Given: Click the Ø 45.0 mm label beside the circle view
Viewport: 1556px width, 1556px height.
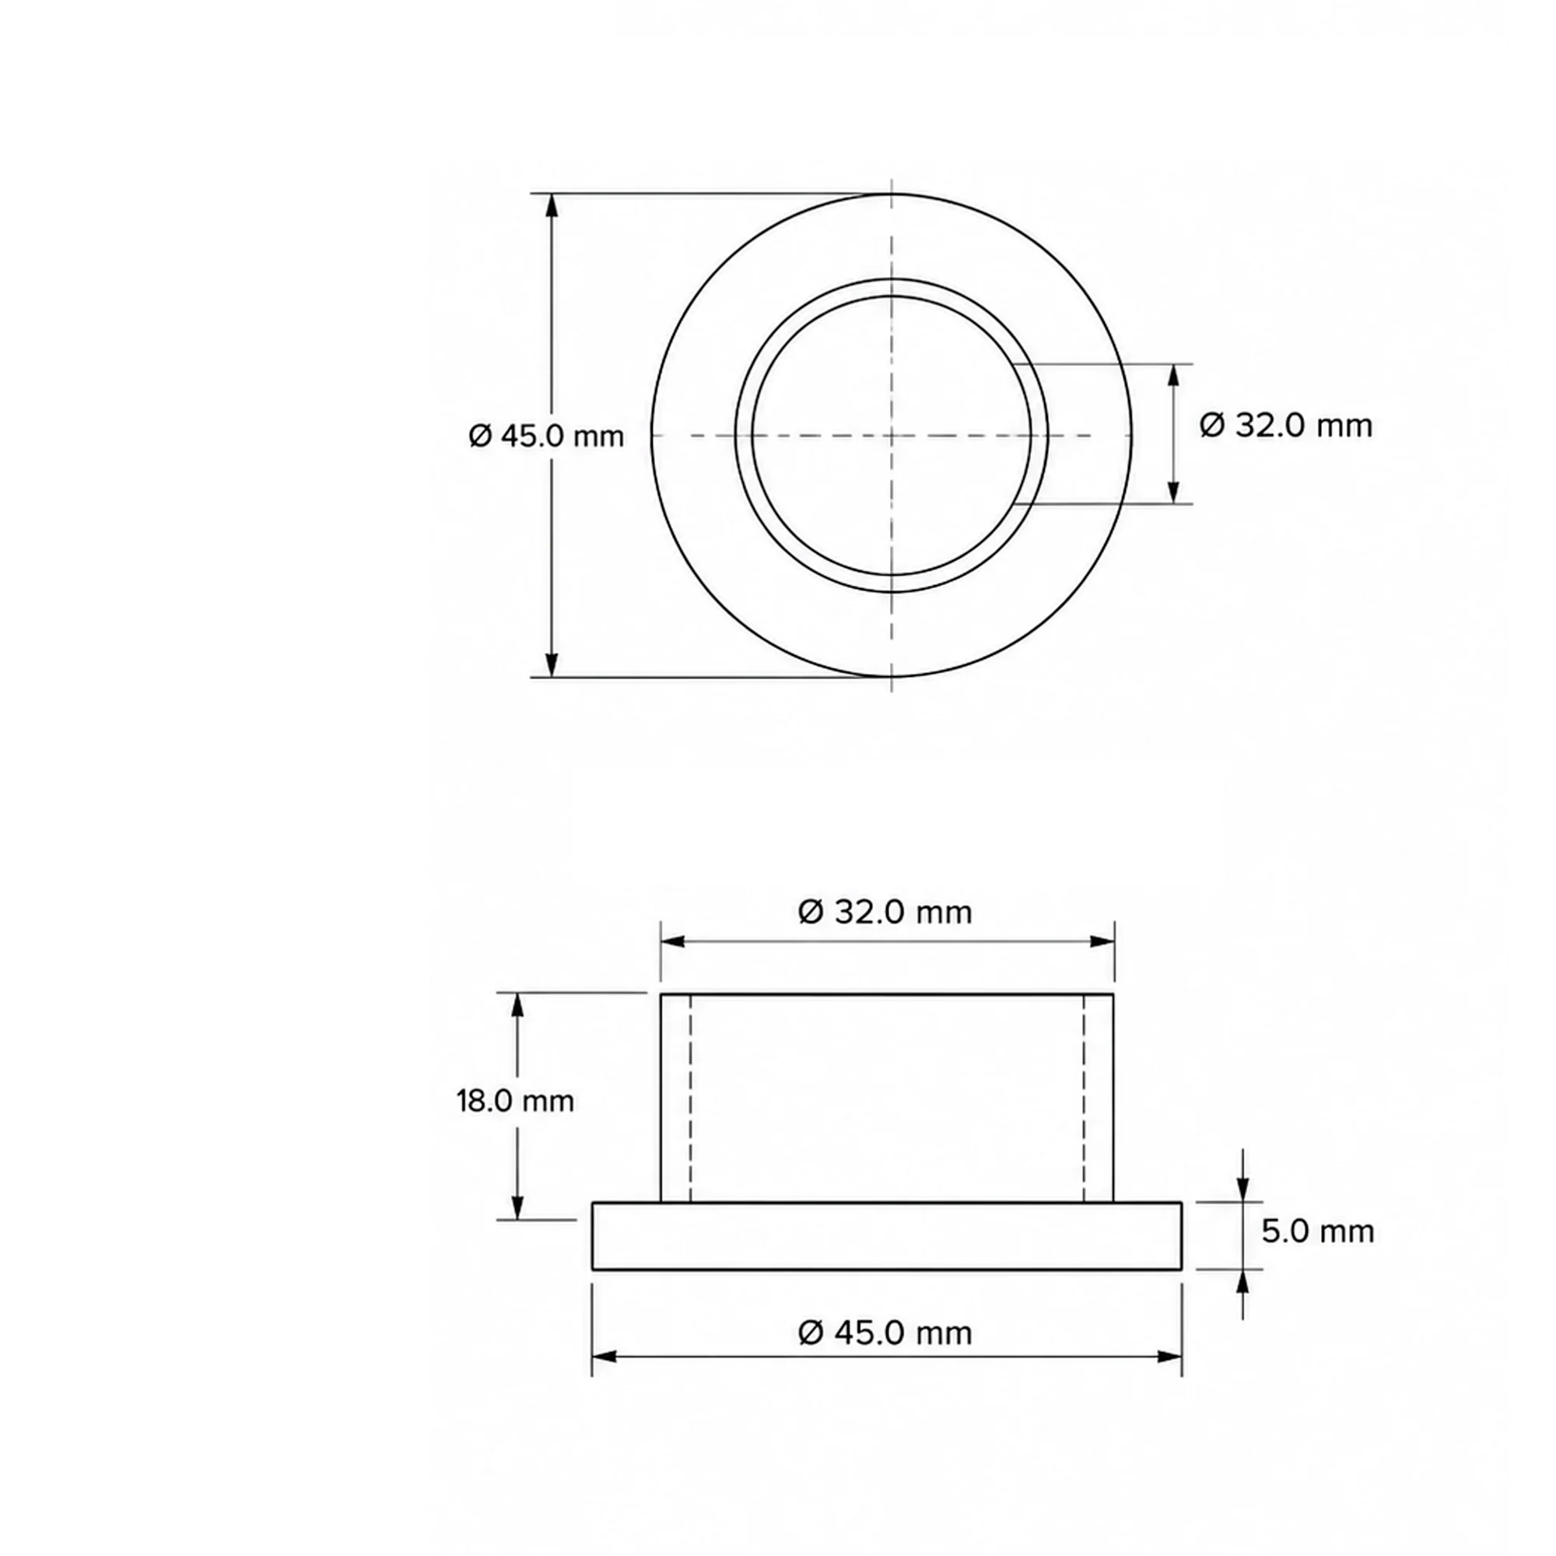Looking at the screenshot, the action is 546,436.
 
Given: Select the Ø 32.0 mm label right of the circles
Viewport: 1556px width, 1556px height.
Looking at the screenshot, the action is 1285,426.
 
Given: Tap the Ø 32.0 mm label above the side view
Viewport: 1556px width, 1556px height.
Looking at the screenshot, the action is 885,913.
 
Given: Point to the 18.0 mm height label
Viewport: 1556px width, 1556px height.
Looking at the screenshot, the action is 516,1101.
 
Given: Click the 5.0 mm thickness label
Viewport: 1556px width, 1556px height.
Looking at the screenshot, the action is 1318,1232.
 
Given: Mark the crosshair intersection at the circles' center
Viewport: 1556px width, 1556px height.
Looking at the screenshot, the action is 892,436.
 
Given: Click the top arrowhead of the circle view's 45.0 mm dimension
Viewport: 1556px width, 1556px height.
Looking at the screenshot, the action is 552,205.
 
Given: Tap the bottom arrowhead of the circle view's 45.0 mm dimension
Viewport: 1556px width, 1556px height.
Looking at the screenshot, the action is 552,665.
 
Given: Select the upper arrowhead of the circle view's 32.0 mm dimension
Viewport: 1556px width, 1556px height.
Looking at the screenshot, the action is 1173,376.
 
